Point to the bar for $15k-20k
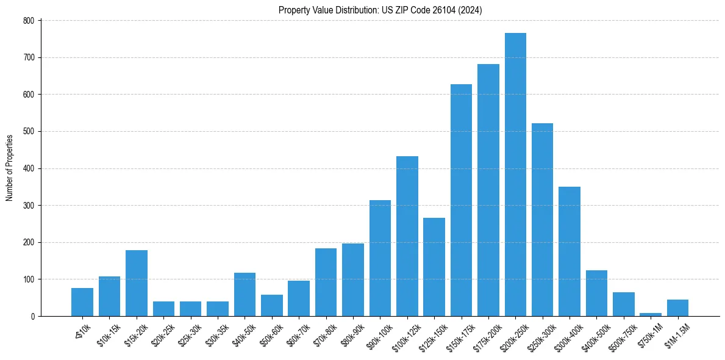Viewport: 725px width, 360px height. (x=137, y=283)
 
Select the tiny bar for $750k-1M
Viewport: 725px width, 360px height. (x=651, y=314)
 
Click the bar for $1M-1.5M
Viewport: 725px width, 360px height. (x=677, y=308)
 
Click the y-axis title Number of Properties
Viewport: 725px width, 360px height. (x=10, y=168)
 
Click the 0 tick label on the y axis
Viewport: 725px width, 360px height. (x=34, y=316)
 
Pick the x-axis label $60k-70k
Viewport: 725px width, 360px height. (x=295, y=334)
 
